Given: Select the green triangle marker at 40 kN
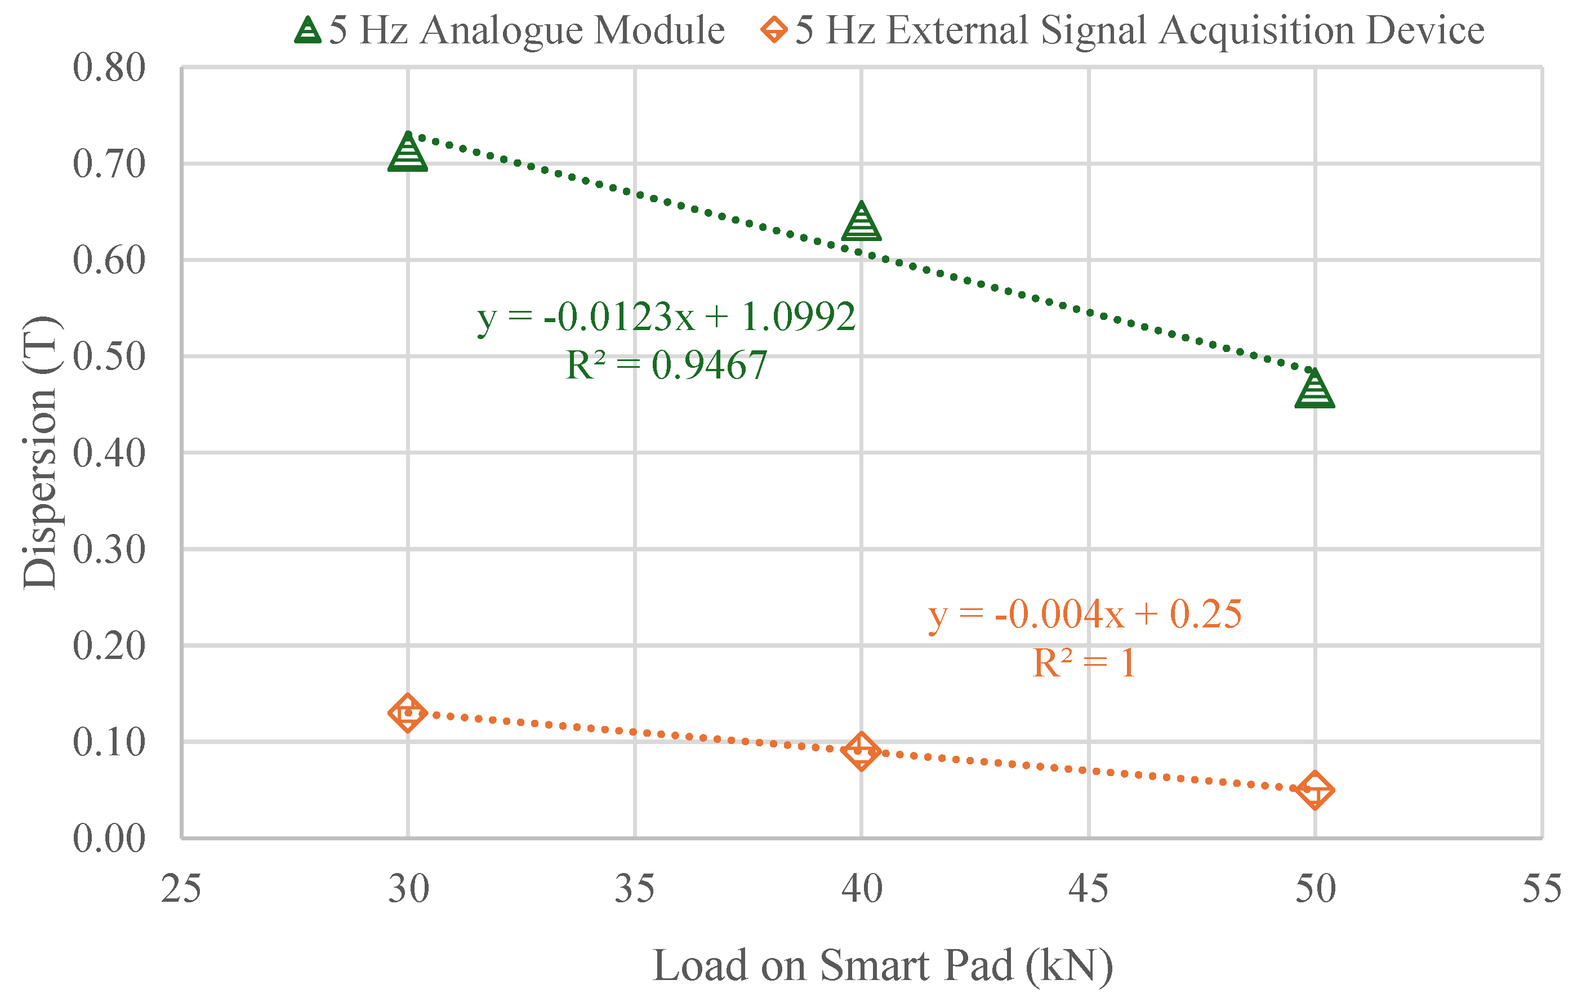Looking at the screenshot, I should [861, 222].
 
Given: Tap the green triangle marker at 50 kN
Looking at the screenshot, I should [1314, 390].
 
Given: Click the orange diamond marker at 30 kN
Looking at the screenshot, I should [408, 712].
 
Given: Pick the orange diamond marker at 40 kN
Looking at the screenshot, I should [861, 751].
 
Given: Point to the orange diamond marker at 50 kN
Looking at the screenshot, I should [1314, 790].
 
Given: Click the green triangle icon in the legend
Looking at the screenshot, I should [308, 30].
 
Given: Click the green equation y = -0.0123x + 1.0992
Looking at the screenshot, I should [666, 318].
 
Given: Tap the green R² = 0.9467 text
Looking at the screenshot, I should [666, 365].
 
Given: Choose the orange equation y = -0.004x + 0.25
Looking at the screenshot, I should [1085, 614].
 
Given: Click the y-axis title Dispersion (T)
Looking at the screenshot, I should [41, 453].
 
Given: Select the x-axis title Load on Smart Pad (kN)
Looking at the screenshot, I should [883, 965].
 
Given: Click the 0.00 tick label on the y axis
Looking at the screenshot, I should [109, 838].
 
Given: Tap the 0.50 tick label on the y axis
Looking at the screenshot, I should [109, 357].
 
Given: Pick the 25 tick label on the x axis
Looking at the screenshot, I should [181, 889].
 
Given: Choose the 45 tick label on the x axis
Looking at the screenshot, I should [1088, 889].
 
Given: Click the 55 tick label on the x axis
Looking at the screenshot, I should [1541, 889].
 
